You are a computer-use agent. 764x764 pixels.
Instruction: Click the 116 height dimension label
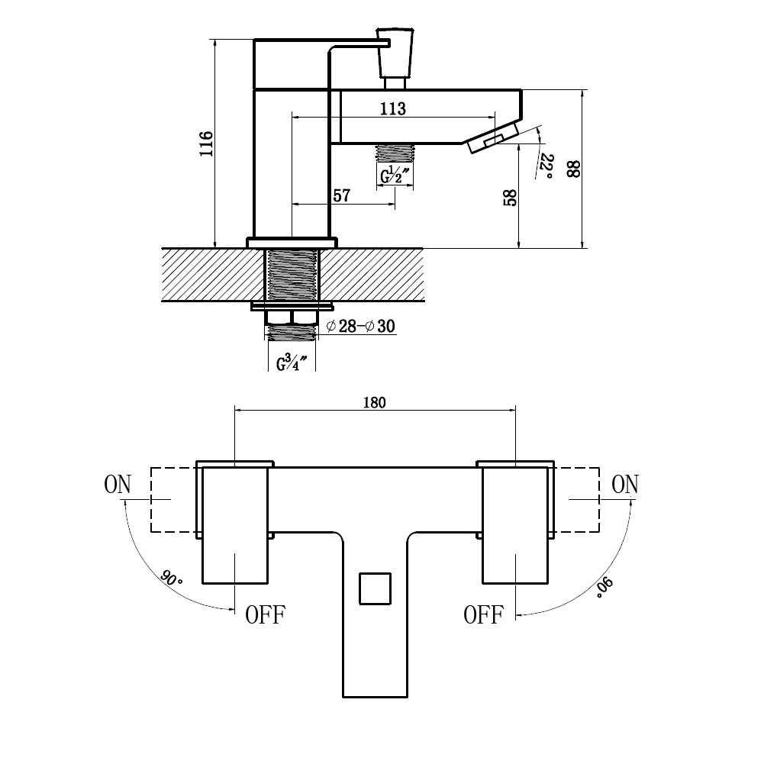[x=207, y=143]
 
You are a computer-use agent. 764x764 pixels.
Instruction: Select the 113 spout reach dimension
[x=393, y=108]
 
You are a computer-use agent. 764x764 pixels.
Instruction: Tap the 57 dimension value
[x=342, y=195]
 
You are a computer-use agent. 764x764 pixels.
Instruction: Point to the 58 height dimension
[x=509, y=198]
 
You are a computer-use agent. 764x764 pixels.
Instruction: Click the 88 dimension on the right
[x=573, y=169]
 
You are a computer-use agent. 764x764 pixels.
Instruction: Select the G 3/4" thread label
[x=292, y=363]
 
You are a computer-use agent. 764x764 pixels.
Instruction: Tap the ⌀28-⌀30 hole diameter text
[x=360, y=326]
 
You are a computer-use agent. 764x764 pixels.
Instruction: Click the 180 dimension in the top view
[x=374, y=402]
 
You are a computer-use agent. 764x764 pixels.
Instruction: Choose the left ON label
[x=118, y=485]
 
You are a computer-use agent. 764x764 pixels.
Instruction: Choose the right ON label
[x=624, y=485]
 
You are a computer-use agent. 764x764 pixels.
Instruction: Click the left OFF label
[x=265, y=615]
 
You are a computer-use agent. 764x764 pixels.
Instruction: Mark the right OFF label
[x=483, y=615]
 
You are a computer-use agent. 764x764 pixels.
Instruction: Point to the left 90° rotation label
[x=170, y=579]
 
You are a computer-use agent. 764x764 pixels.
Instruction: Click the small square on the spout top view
[x=376, y=588]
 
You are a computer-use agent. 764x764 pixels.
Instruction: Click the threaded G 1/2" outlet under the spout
[x=395, y=153]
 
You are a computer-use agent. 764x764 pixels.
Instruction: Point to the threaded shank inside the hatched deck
[x=292, y=275]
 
